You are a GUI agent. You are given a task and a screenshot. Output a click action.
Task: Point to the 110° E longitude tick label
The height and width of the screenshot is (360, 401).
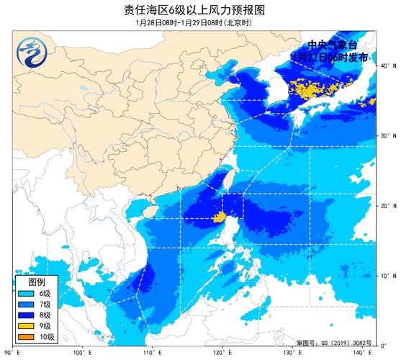pos(152,353)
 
